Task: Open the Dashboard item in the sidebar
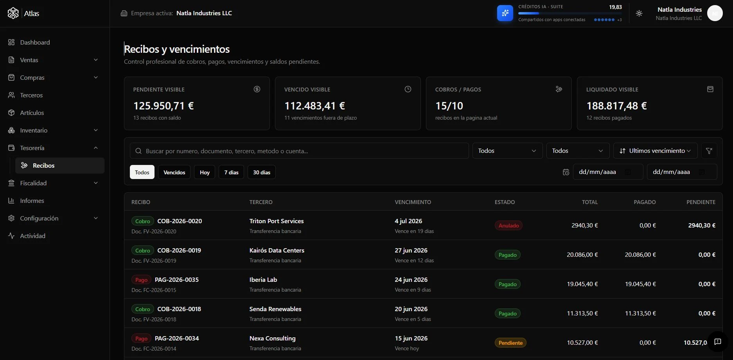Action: pos(35,42)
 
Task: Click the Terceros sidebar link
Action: pos(31,95)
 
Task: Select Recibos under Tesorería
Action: pos(43,165)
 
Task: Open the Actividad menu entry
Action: pos(32,236)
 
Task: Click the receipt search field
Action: pos(299,151)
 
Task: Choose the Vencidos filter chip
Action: pos(174,172)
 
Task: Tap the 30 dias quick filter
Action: pos(262,172)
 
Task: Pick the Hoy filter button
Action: pos(205,172)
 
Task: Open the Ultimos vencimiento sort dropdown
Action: pos(655,151)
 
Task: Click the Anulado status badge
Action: pos(508,226)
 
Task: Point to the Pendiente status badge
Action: pos(510,343)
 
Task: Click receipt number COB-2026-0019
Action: pos(179,251)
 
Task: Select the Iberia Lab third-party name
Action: pos(263,280)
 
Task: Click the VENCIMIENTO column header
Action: pos(413,202)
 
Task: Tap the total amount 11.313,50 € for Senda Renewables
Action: pos(582,313)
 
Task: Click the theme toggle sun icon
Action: pos(639,13)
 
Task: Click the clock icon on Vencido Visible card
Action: pos(408,89)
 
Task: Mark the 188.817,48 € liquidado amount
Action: pos(616,106)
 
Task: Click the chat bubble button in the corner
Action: pos(718,342)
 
